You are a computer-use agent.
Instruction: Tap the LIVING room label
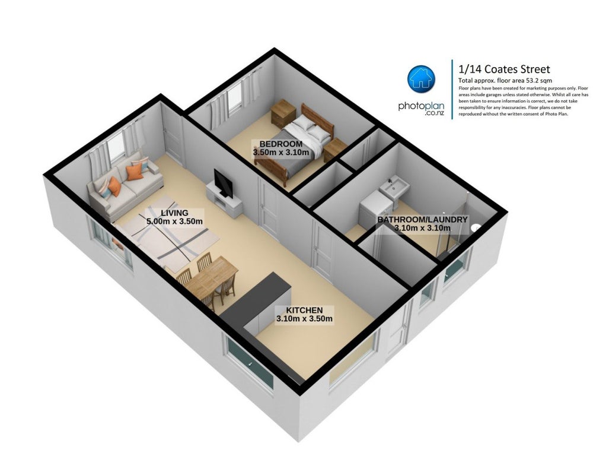point(174,213)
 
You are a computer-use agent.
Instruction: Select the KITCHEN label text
point(304,310)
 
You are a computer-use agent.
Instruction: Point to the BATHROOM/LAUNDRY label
point(422,220)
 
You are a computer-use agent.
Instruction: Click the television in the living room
point(224,182)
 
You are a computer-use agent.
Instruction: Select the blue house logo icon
point(421,78)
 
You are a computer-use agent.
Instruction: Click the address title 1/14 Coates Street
point(504,69)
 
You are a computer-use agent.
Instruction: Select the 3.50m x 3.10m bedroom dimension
point(281,152)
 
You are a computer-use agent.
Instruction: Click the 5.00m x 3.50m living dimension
point(174,221)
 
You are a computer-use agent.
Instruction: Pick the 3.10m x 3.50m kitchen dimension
point(304,319)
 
